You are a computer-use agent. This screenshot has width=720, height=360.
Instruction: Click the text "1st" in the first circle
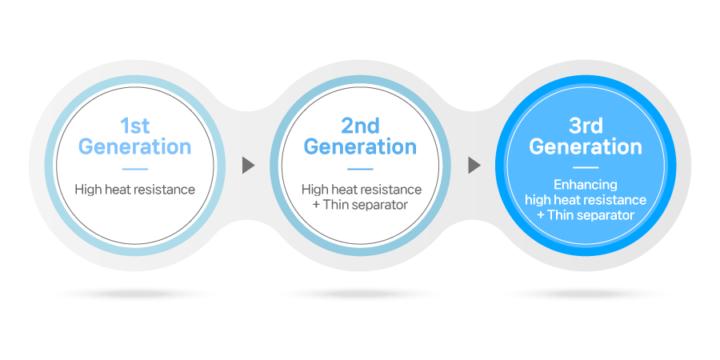(135, 126)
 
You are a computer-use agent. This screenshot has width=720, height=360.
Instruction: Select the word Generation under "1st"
(134, 147)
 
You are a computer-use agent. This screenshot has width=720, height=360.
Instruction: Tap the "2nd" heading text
(361, 126)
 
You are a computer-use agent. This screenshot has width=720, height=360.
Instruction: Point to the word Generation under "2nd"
(361, 147)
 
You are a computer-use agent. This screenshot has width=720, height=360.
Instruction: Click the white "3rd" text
(586, 126)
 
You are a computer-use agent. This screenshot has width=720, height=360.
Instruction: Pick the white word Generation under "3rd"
(586, 147)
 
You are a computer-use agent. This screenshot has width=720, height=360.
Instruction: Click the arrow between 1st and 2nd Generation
(249, 166)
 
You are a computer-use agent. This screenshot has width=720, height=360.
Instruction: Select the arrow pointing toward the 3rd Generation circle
(474, 166)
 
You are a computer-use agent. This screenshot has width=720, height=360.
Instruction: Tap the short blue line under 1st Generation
(135, 169)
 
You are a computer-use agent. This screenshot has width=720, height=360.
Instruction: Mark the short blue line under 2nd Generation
(361, 169)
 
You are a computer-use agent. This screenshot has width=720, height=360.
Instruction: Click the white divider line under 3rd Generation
(586, 168)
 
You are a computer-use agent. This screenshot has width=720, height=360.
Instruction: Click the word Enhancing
(586, 185)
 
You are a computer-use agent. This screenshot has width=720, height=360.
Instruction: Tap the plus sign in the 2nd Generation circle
(316, 205)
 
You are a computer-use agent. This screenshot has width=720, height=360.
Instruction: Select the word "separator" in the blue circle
(605, 215)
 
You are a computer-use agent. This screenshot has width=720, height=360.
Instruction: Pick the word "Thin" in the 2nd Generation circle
(336, 205)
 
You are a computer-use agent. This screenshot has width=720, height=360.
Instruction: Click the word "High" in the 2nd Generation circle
(312, 189)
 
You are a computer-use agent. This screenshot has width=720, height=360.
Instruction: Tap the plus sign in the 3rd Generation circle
(541, 215)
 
